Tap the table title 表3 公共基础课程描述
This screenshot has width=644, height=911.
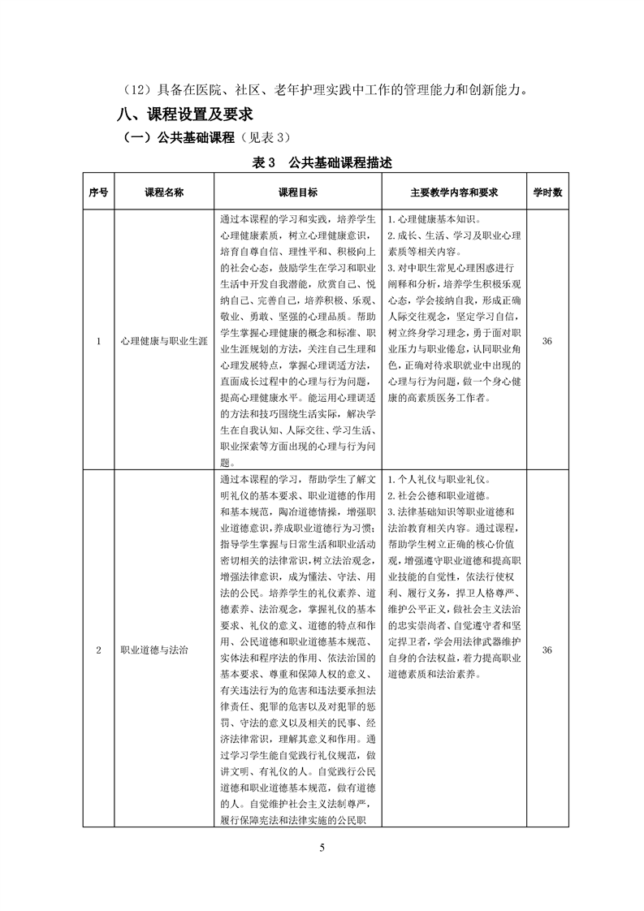pos(322,162)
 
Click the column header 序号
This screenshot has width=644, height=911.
pos(98,192)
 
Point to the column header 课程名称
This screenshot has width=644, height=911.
pos(164,192)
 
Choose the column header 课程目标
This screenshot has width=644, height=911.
pos(298,192)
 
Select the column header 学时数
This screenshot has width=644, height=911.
pos(547,192)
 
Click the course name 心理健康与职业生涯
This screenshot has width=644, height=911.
pos(164,342)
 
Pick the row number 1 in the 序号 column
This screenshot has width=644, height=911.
pos(98,342)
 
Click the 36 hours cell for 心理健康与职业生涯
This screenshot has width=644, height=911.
pos(547,342)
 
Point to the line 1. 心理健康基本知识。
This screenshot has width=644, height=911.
pos(434,220)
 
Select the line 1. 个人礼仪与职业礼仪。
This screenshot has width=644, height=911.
pos(439,480)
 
